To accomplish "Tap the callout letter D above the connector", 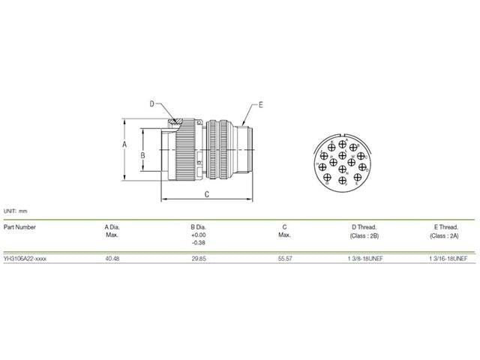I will [151, 104].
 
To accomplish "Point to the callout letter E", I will [260, 105].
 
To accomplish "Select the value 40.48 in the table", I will [112, 257].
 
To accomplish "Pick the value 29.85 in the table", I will [198, 257].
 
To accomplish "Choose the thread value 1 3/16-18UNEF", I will [448, 257].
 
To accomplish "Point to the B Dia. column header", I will [199, 226].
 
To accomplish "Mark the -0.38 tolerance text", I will [199, 243].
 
